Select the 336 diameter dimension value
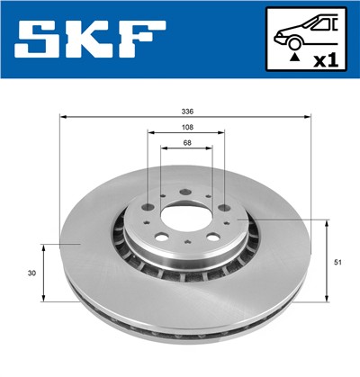point(185,112)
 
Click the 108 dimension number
point(185,128)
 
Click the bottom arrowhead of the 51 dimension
point(325,299)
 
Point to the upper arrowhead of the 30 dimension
point(43,246)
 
